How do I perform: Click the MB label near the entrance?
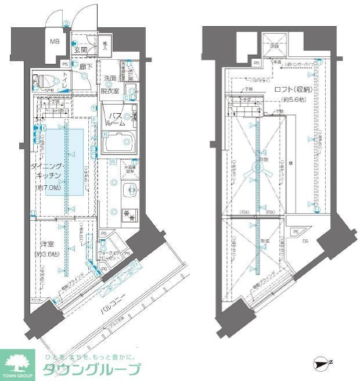click(54, 42)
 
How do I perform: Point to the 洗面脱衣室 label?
click(110, 84)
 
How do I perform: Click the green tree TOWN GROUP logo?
click(19, 363)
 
